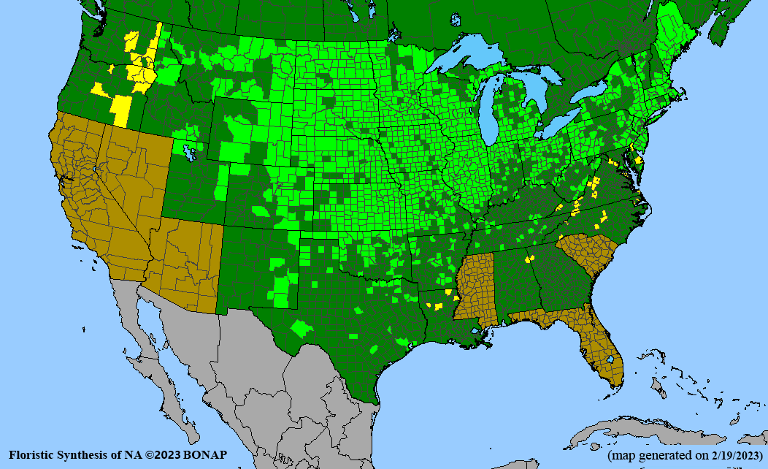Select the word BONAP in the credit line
point(205,455)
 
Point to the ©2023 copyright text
point(160,455)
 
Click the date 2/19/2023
point(731,455)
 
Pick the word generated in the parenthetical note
point(661,455)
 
